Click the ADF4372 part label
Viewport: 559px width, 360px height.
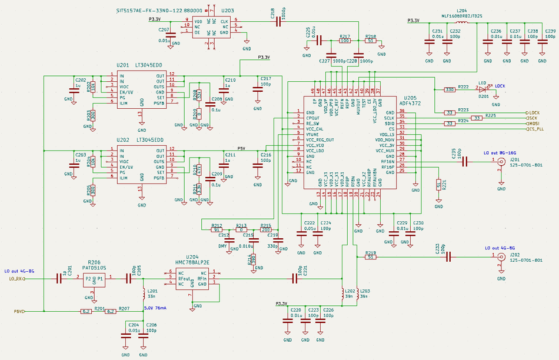point(410,103)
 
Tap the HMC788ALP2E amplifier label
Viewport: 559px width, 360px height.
point(192,262)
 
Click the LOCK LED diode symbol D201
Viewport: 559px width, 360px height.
point(484,89)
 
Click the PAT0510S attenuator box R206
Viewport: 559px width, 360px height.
point(94,279)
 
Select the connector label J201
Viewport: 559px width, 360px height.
point(514,159)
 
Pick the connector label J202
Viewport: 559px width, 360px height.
point(514,254)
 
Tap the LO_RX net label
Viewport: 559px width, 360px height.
point(16,279)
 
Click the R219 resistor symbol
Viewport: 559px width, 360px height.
point(370,257)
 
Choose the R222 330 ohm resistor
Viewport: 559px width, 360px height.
point(450,89)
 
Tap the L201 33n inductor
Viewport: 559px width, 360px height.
point(144,292)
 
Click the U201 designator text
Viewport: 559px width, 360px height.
point(122,65)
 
